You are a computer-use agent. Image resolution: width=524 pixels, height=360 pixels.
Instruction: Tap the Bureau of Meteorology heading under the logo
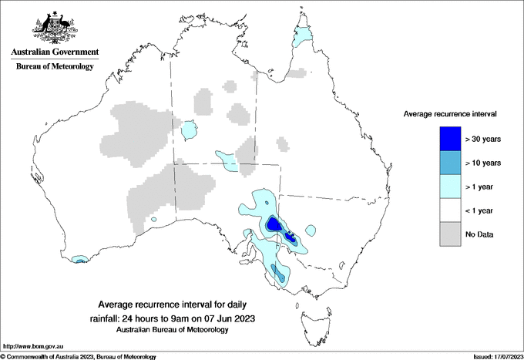[55, 67]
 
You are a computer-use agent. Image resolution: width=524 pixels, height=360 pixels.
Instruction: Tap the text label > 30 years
[483, 140]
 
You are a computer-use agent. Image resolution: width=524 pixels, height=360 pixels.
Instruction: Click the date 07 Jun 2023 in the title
[228, 318]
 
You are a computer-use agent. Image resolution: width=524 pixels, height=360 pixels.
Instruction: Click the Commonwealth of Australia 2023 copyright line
[79, 356]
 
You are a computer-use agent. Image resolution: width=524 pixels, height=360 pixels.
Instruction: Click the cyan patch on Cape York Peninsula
[306, 35]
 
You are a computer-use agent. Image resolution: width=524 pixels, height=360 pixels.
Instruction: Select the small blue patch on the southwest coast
[79, 261]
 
